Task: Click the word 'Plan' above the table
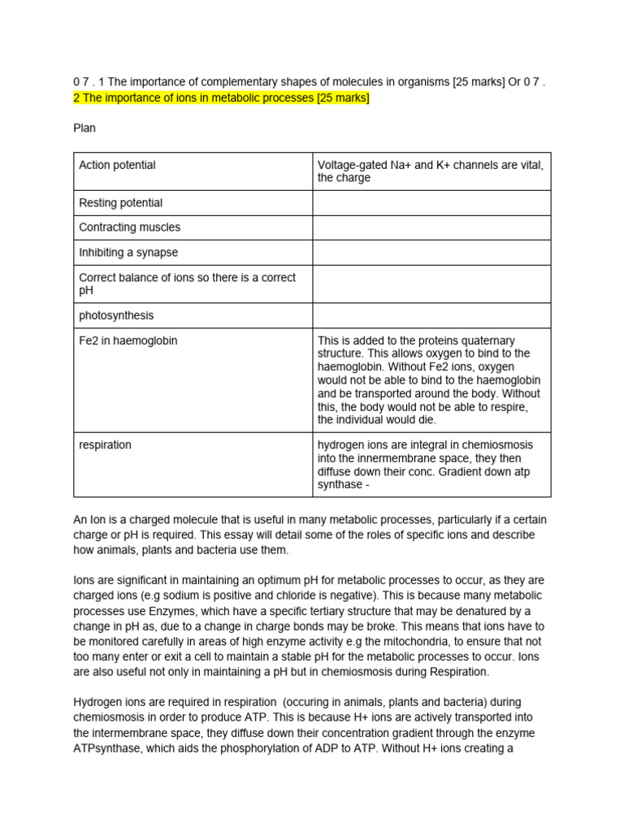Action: [x=84, y=128]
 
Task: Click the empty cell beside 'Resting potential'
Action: [x=431, y=203]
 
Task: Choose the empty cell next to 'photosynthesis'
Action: [x=431, y=315]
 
